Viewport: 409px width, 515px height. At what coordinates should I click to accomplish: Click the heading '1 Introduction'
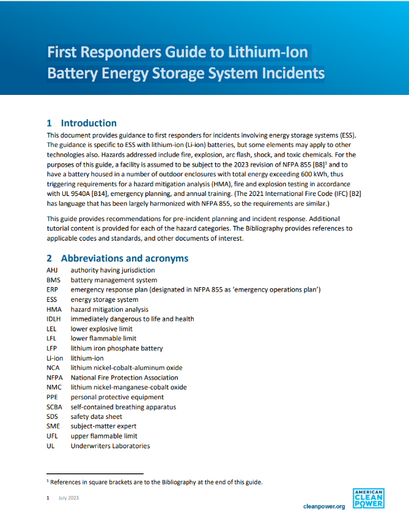pos(82,122)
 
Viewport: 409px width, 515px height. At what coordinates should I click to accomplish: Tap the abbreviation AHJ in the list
pos(53,270)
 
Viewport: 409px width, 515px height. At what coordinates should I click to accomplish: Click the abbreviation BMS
pos(53,280)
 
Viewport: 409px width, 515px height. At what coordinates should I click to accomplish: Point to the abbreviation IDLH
pos(54,319)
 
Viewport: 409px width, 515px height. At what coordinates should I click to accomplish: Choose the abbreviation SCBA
pos(55,407)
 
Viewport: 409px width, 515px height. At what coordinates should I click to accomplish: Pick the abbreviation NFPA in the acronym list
pos(55,377)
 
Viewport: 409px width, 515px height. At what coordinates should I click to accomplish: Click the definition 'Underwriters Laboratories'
pos(110,446)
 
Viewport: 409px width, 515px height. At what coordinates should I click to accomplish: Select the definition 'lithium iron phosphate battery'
pos(116,348)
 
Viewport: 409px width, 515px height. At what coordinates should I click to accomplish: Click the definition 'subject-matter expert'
pos(103,426)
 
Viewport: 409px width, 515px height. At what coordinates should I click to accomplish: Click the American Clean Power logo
pos(369,497)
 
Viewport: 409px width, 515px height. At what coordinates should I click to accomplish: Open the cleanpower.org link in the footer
pos(324,506)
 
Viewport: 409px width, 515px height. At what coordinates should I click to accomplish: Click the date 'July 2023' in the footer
pos(68,498)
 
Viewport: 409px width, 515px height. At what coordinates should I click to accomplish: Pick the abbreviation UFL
pos(53,436)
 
